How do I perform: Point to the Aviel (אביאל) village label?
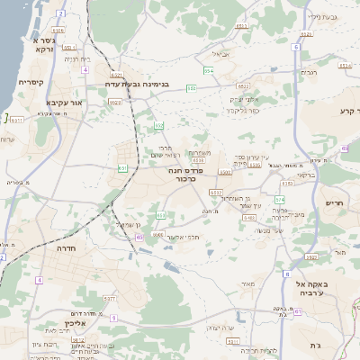(x=220, y=54)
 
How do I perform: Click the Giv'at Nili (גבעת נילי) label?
(x=322, y=16)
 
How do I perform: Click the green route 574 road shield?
(x=280, y=199)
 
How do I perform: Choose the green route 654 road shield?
(x=209, y=69)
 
